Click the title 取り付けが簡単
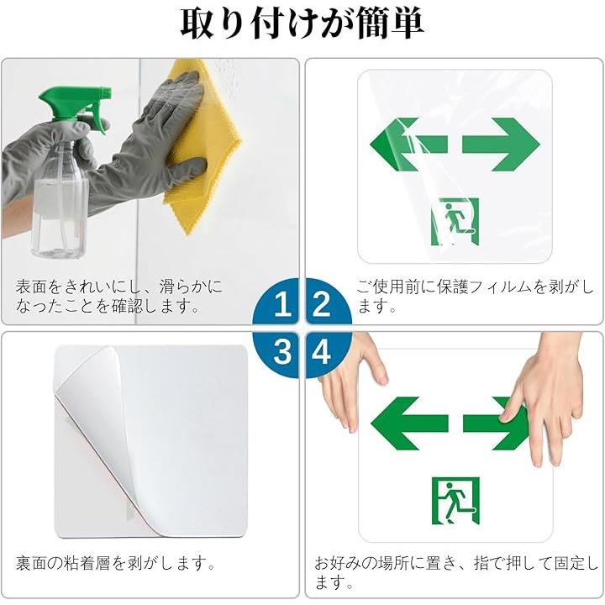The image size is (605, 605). point(302,24)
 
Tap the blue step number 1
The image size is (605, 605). point(282,304)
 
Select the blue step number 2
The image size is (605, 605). point(321,304)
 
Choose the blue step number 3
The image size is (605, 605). point(282,351)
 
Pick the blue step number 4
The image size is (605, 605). point(321,351)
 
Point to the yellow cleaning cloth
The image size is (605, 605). point(201,146)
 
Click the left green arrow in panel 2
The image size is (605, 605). point(408,145)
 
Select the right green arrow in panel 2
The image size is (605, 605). point(501,145)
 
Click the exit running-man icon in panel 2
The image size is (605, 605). point(455,222)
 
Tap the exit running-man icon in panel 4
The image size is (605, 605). point(455,501)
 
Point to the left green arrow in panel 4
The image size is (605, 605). point(409,423)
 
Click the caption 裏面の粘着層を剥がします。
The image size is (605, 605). point(115,563)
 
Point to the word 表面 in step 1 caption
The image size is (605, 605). point(31,287)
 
